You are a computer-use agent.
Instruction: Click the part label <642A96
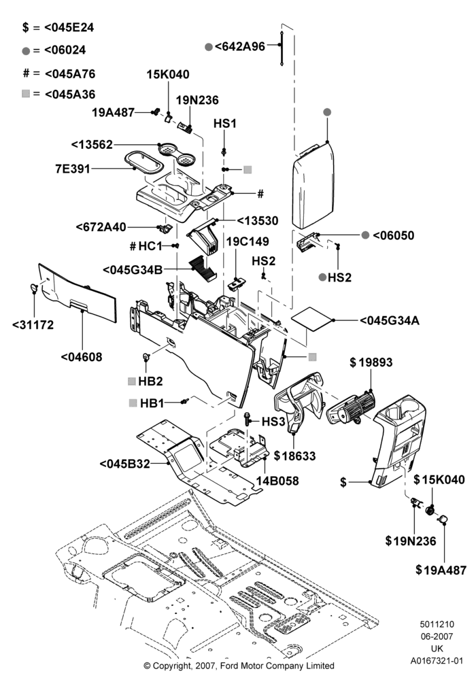(x=240, y=46)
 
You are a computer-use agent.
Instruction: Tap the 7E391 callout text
(x=73, y=168)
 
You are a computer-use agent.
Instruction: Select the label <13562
(x=92, y=144)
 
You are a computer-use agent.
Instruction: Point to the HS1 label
(x=225, y=124)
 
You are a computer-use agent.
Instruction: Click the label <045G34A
(x=389, y=320)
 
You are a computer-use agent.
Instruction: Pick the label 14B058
(x=277, y=481)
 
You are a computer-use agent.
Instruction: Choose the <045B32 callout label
(x=125, y=464)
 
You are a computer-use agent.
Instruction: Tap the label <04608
(x=82, y=357)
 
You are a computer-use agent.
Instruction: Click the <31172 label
(x=33, y=325)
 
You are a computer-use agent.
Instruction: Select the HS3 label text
(x=273, y=422)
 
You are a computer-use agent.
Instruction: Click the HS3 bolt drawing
(x=248, y=418)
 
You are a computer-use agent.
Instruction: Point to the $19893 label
(x=371, y=362)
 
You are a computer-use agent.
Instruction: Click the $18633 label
(x=295, y=456)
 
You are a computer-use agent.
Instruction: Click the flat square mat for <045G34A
(x=313, y=319)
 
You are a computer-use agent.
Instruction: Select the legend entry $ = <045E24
(x=58, y=27)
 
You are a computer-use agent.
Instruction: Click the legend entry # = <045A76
(x=59, y=73)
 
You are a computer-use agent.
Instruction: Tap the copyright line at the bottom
(x=239, y=665)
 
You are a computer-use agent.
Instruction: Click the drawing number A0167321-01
(x=437, y=661)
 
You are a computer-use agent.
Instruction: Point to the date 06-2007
(x=437, y=636)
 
